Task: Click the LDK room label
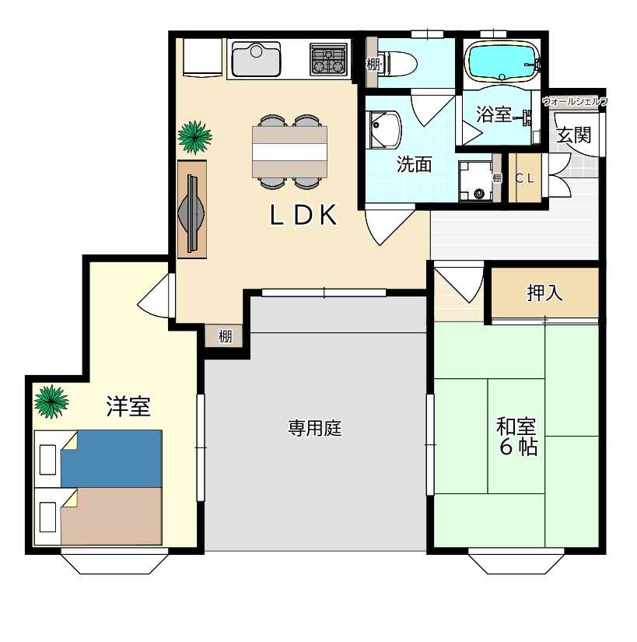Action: [x=303, y=216]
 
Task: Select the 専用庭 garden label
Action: [x=316, y=428]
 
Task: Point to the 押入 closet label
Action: [x=544, y=293]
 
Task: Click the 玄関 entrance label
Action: [x=574, y=135]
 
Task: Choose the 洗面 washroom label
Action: [x=414, y=164]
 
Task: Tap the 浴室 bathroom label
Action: [x=493, y=115]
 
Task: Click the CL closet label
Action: [x=526, y=178]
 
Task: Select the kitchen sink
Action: [x=256, y=59]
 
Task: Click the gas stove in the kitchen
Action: [x=327, y=59]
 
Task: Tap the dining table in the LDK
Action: [x=289, y=152]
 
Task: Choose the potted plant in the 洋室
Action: [x=51, y=401]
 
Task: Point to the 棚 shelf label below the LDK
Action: [x=225, y=337]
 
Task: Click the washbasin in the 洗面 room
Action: [x=383, y=129]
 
